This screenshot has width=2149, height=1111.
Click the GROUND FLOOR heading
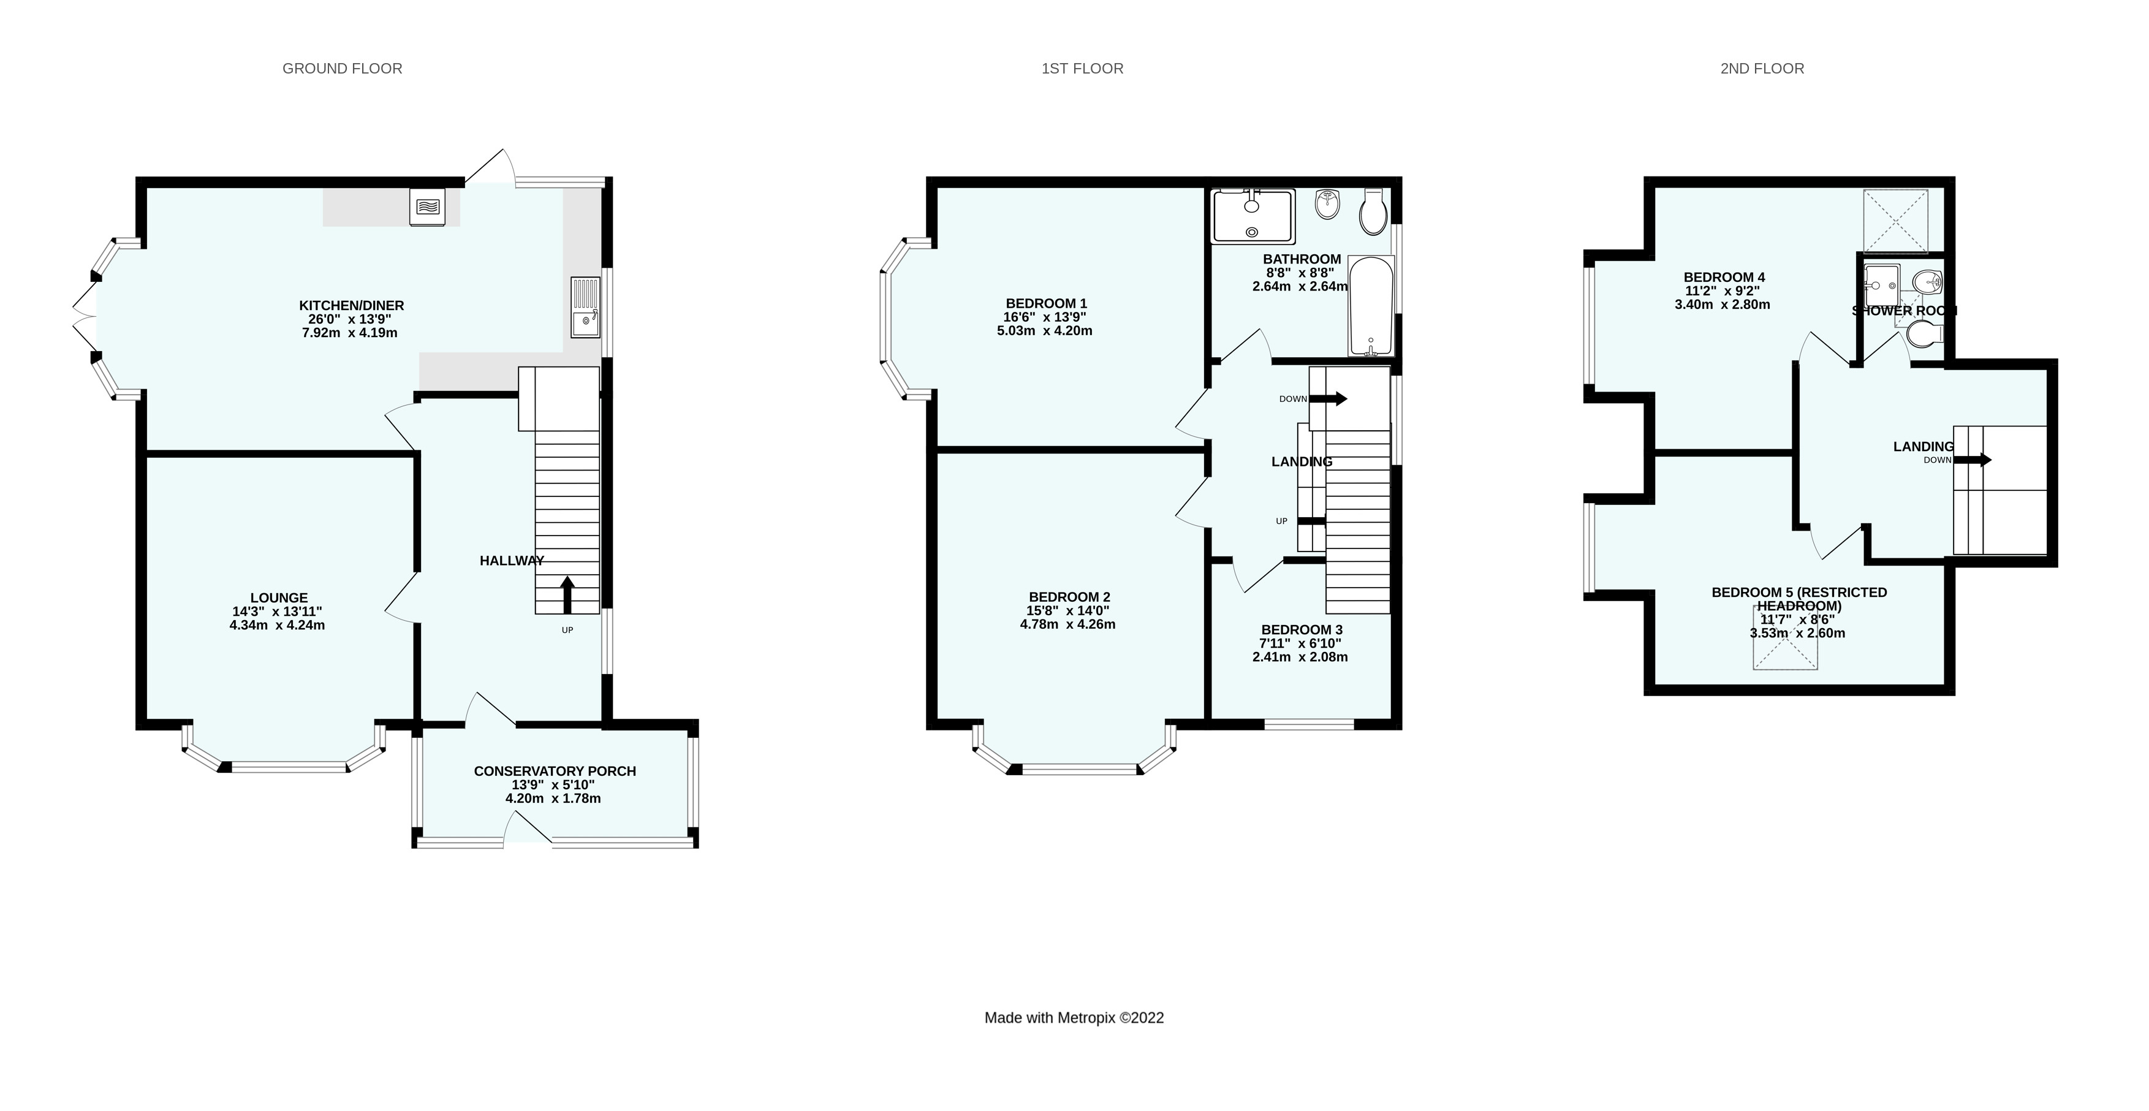tap(342, 69)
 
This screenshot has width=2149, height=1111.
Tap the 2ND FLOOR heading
tap(1761, 69)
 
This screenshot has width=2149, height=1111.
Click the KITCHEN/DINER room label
tap(351, 305)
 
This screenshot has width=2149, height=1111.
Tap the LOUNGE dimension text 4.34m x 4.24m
tap(277, 624)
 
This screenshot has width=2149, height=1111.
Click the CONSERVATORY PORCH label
tap(555, 771)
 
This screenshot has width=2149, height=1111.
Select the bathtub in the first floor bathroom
tap(1371, 306)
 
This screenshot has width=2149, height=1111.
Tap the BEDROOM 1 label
tap(1046, 303)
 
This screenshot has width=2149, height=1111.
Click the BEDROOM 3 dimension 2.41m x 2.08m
tap(1300, 656)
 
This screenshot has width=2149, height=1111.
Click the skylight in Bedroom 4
tap(1895, 221)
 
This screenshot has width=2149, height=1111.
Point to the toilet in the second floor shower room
tap(1927, 335)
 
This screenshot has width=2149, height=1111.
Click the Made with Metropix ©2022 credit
tap(1074, 1018)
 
